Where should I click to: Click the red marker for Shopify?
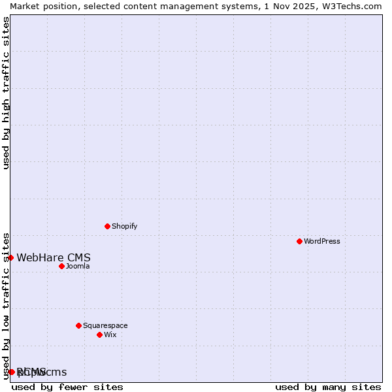[107, 226]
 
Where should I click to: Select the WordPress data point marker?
[299, 241]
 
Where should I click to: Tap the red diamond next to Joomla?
[61, 266]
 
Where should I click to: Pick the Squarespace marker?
[78, 325]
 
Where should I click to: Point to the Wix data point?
[99, 335]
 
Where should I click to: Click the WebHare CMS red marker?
[10, 257]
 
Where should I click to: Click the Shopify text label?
[124, 226]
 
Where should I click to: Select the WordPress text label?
[321, 241]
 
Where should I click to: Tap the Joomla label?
[78, 266]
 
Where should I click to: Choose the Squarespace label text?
[105, 325]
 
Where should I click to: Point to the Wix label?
[110, 335]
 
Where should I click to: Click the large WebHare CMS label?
[54, 257]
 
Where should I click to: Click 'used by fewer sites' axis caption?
[67, 387]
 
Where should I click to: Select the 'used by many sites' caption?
[328, 387]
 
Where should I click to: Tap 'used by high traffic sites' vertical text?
[6, 93]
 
